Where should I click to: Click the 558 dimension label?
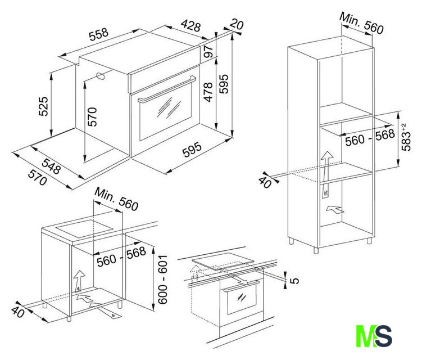[99, 34]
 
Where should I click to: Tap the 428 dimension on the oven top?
[191, 25]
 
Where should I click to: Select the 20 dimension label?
[237, 24]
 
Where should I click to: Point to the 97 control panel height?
[208, 51]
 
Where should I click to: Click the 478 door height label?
[208, 92]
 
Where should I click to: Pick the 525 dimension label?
[43, 106]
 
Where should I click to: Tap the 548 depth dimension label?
[51, 166]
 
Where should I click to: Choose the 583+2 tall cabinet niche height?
[406, 137]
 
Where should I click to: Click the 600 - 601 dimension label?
[162, 280]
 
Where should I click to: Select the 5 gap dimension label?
[295, 281]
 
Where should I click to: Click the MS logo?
[374, 336]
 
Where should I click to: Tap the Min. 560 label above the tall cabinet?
[361, 23]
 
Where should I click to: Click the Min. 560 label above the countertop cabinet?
[116, 199]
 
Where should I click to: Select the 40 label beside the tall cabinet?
[265, 183]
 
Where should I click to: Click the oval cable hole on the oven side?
[101, 76]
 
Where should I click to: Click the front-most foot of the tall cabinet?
[316, 250]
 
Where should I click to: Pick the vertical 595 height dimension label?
[224, 84]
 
